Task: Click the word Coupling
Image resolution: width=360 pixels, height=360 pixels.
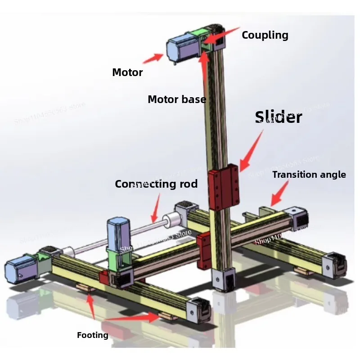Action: click(x=265, y=35)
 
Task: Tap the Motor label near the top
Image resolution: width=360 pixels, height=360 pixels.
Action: click(x=127, y=72)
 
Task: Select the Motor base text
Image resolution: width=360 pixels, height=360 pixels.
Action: click(x=177, y=99)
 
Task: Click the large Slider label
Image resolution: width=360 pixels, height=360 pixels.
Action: click(x=279, y=117)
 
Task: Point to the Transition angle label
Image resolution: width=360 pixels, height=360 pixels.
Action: click(x=309, y=175)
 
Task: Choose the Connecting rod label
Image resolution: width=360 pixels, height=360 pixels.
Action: click(x=156, y=184)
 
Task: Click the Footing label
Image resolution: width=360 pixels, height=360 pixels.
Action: click(x=93, y=335)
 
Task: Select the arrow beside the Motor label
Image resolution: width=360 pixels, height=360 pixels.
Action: click(x=153, y=58)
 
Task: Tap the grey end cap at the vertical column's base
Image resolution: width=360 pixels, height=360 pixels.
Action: click(x=224, y=279)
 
